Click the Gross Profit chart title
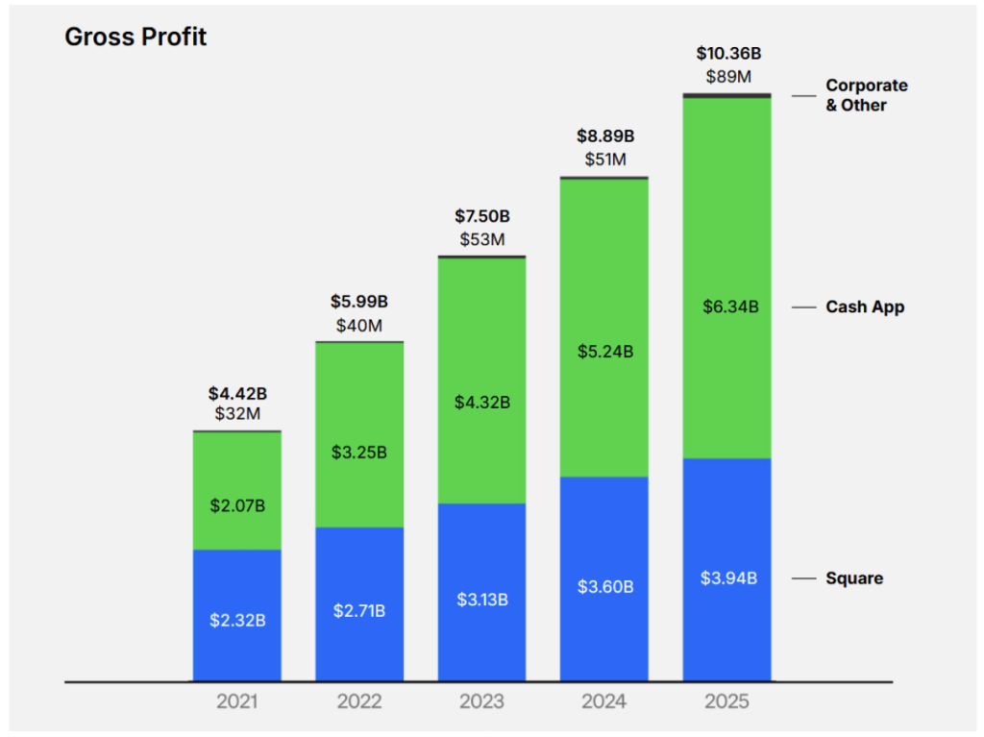pos(135,37)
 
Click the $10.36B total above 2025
pos(727,54)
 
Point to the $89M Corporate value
pos(727,76)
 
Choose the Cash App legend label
pos(865,307)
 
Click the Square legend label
pos(854,578)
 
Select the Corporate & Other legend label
pos(866,95)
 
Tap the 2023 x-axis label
pos(481,702)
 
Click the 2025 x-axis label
pos(726,702)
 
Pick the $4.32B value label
pos(482,402)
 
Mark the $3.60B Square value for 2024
pos(604,586)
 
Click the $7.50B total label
pos(482,216)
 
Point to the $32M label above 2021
pos(237,414)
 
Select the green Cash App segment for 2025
pos(727,240)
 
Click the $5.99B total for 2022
pos(359,303)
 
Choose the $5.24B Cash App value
pos(604,352)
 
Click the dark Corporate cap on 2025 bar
pos(727,95)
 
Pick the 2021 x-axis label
pos(236,702)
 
